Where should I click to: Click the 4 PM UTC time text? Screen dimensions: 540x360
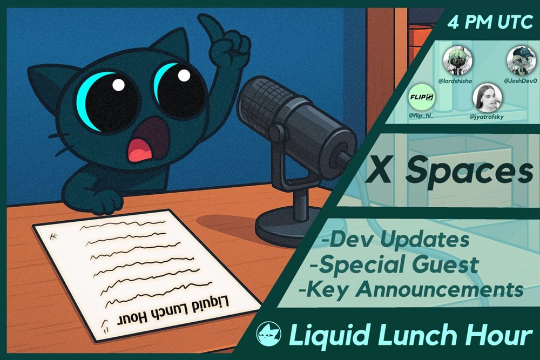click(490, 22)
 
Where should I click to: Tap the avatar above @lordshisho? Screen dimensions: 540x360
click(457, 61)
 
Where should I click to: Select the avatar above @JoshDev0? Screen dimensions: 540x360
click(521, 60)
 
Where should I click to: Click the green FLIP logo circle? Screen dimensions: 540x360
click(422, 97)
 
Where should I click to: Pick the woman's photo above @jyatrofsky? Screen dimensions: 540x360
click(487, 97)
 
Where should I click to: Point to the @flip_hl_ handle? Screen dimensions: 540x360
click(421, 116)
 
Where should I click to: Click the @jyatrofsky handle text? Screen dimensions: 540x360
click(487, 117)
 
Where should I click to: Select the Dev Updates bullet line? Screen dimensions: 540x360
click(395, 239)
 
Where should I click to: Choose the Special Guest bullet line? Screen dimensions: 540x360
click(394, 264)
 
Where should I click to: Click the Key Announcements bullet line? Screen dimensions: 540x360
click(411, 289)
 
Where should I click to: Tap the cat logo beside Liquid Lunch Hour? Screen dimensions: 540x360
click(268, 334)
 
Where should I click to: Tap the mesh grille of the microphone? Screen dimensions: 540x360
click(262, 103)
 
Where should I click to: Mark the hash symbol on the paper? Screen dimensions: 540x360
click(53, 236)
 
